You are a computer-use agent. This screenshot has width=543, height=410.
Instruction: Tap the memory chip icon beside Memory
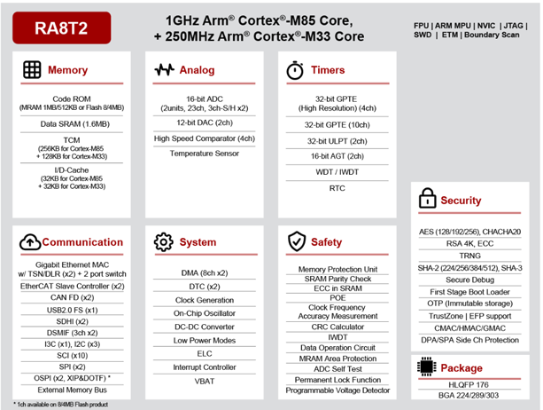pos(32,69)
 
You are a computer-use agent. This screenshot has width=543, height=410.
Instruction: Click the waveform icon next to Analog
pos(164,69)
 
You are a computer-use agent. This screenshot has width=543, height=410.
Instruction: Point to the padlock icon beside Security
pos(428,198)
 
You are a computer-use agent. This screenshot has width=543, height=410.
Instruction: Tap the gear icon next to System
pos(163,242)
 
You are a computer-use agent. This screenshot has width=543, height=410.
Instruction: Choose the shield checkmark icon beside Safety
pos(296,242)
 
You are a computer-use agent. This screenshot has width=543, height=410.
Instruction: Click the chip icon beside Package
pos(426,367)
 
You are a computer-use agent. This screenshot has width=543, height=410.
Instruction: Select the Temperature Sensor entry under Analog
pos(204,154)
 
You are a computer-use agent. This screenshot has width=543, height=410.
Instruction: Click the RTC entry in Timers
pos(337,188)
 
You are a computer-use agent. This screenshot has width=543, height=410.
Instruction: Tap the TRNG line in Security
pos(469,255)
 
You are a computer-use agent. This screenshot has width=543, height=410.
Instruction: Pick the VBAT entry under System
pos(204,381)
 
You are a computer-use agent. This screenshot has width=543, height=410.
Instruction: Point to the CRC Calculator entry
pos(337,327)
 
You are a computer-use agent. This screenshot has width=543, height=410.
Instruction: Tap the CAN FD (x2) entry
pos(73,297)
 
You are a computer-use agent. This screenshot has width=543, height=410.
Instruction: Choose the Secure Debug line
pos(469,279)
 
